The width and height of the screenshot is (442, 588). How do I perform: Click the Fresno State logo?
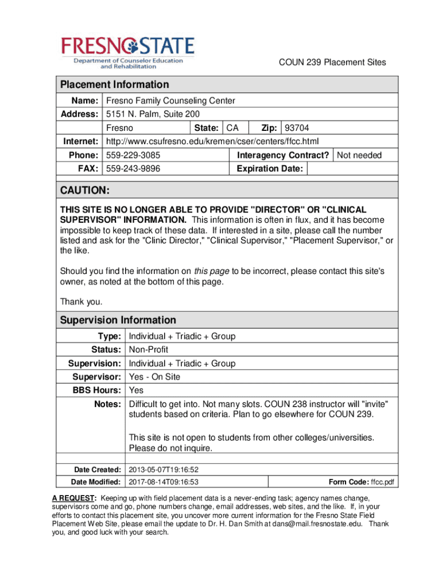128,52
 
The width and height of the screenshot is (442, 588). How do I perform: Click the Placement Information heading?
115,84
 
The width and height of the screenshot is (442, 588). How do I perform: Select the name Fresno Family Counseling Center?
170,100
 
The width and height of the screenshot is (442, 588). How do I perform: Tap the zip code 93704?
297,127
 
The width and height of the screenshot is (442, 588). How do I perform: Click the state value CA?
232,127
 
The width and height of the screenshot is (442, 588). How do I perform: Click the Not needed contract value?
359,155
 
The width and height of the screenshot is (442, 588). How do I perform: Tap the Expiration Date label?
270,169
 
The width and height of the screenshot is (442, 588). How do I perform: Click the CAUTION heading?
85,190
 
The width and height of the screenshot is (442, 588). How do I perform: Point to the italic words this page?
212,271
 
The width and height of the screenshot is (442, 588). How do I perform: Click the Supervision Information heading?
118,320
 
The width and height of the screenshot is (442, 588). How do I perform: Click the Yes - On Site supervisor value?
154,377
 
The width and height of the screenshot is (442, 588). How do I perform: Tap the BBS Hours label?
95,390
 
